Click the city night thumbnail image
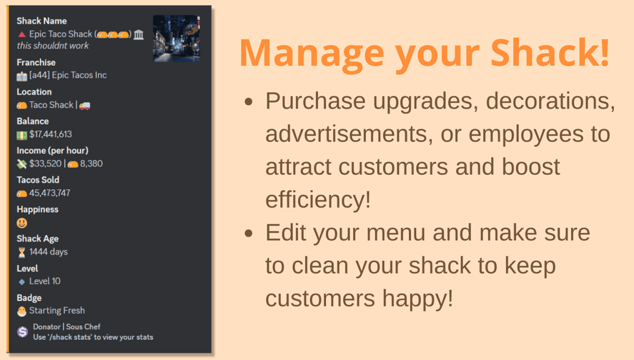pos(177,39)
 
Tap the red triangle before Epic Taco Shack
pos(22,35)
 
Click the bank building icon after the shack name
pos(139,35)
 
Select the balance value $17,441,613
pos(51,134)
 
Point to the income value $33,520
pos(45,164)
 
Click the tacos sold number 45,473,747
pos(50,193)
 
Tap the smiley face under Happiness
pos(22,223)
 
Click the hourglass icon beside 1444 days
pos(22,253)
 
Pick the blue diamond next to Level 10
pos(22,281)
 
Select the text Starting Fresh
pos(57,310)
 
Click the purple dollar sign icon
pos(23,331)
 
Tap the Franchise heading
pos(36,62)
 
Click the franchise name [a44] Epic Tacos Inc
pos(68,75)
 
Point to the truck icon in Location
pos(84,106)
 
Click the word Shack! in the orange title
pos(550,53)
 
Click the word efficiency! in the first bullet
pos(318,199)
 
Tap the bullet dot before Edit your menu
pos(249,233)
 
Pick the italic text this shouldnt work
pos(53,46)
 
